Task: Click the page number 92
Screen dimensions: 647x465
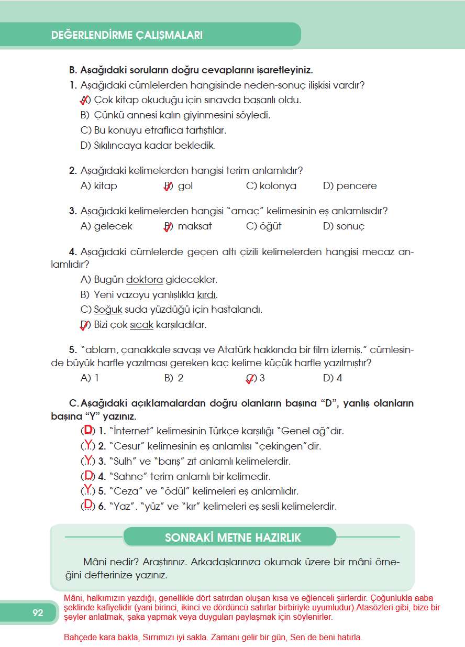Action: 38,613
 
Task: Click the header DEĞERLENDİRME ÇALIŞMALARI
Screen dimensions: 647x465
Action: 127,36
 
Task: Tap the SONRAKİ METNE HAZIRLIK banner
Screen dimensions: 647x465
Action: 233,538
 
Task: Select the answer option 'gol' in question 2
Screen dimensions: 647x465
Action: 185,186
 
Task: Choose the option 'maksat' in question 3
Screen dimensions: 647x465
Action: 194,226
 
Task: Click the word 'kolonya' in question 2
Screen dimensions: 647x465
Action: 278,186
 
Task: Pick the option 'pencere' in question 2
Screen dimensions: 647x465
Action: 356,186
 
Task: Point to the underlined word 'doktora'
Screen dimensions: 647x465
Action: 145,280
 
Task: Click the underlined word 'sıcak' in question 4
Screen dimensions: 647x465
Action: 141,325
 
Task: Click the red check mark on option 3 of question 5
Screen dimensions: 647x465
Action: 250,379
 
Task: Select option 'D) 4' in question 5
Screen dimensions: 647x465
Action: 333,378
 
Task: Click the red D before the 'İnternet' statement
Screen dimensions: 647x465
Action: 88,431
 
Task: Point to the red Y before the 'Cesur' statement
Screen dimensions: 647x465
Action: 88,446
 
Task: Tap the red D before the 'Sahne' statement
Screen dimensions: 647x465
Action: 88,476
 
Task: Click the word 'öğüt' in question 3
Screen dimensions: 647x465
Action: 271,226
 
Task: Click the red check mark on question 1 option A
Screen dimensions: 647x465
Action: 83,100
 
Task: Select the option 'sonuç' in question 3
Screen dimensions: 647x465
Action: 350,226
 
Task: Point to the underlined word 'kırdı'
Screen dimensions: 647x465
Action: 206,294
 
